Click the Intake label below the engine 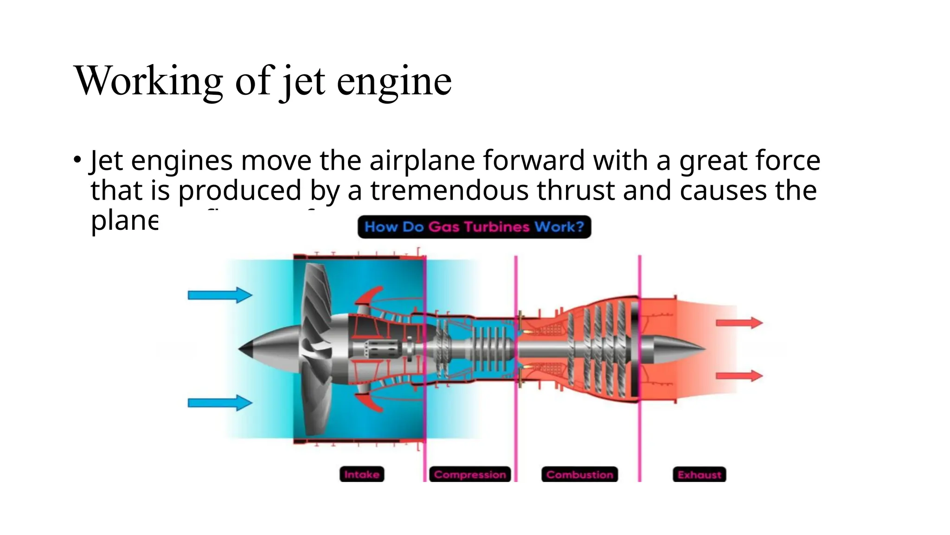362,474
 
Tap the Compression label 470,474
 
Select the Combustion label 579,474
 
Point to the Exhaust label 699,474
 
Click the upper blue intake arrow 220,295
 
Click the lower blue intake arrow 220,403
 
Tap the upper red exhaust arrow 739,323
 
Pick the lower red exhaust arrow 739,375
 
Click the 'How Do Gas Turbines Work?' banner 474,227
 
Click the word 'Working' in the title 148,81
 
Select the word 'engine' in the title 394,81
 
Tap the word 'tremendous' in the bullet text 449,190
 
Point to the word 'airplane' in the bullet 422,161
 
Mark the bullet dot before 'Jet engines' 77,160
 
